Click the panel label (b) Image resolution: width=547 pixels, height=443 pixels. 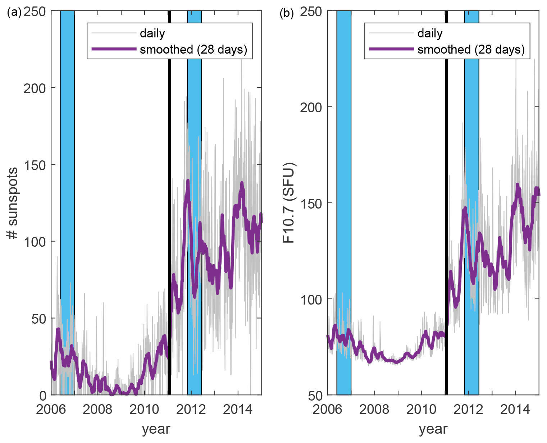click(x=287, y=13)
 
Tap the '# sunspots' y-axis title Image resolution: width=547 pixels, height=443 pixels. click(x=13, y=203)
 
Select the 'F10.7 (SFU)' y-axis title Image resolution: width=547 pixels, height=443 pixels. click(x=289, y=203)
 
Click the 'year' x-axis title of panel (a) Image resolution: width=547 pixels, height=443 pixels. click(x=156, y=429)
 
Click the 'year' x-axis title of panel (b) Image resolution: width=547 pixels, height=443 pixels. click(x=433, y=429)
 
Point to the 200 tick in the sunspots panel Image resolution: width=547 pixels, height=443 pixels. click(x=35, y=88)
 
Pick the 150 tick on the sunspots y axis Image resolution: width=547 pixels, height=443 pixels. click(x=35, y=165)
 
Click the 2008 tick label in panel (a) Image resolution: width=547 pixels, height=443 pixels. click(x=97, y=409)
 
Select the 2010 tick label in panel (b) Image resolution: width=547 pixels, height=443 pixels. click(x=421, y=409)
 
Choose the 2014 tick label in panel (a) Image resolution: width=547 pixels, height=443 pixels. click(x=238, y=409)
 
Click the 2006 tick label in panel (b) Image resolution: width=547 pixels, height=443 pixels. click(x=327, y=409)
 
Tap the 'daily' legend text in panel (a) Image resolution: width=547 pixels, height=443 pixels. click(x=152, y=33)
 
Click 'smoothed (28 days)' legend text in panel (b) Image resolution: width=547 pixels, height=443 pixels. click(x=471, y=49)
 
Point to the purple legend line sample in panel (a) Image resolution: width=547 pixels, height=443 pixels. click(x=114, y=49)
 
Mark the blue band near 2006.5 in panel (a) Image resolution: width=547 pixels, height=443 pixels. click(x=67, y=180)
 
